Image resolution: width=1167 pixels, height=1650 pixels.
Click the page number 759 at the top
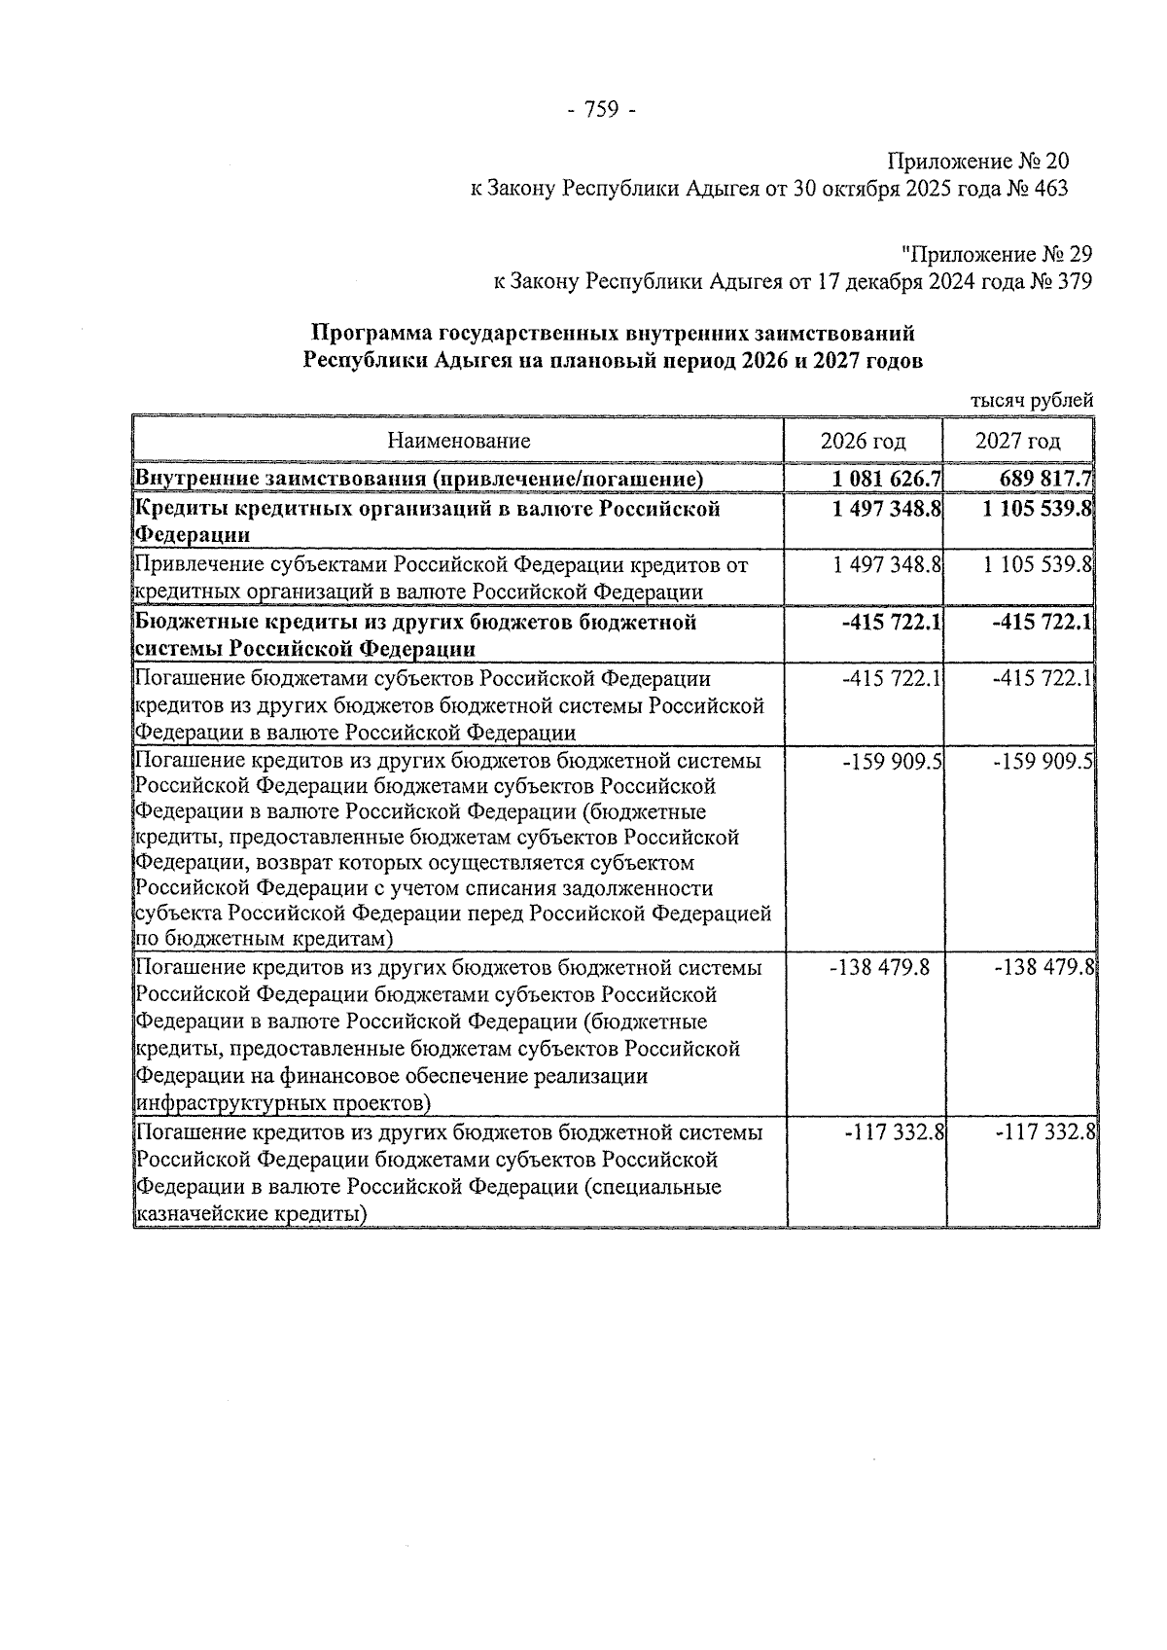pyautogui.click(x=600, y=110)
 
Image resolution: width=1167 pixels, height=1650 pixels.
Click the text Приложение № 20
pyautogui.click(x=977, y=161)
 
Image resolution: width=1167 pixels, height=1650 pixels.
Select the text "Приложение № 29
pyautogui.click(x=997, y=255)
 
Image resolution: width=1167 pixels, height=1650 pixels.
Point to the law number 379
pyautogui.click(x=1074, y=282)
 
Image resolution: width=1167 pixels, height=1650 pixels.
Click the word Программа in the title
pyautogui.click(x=371, y=334)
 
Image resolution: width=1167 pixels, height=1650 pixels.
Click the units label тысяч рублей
pyautogui.click(x=1032, y=400)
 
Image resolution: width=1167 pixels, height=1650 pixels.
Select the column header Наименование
pyautogui.click(x=458, y=441)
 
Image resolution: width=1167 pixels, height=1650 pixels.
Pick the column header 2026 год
pyautogui.click(x=863, y=441)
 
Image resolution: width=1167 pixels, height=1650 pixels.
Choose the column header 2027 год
pyautogui.click(x=1017, y=441)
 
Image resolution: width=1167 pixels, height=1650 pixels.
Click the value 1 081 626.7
pyautogui.click(x=886, y=479)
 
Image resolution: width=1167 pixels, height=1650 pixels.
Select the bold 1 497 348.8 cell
pyautogui.click(x=886, y=509)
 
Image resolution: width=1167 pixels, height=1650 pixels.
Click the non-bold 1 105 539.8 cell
pyautogui.click(x=1038, y=565)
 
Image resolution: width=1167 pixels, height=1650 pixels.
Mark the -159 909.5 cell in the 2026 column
pyautogui.click(x=893, y=762)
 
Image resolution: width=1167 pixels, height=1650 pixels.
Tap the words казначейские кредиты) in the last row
pyautogui.click(x=251, y=1214)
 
